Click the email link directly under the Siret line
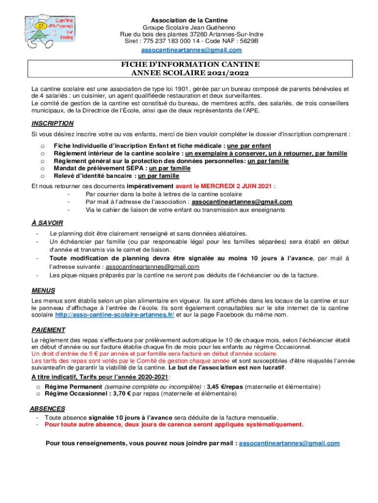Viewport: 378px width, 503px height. (x=191, y=50)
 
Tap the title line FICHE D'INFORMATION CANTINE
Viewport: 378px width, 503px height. (x=190, y=65)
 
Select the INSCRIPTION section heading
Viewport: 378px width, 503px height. (x=53, y=123)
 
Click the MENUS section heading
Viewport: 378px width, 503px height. (x=43, y=290)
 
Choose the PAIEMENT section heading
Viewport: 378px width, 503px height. (x=48, y=330)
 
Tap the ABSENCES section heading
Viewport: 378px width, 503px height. (x=47, y=408)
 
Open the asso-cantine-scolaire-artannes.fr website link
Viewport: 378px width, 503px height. (x=114, y=314)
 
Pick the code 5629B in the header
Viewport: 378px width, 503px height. (x=248, y=41)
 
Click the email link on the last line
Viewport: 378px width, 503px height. (x=289, y=443)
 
